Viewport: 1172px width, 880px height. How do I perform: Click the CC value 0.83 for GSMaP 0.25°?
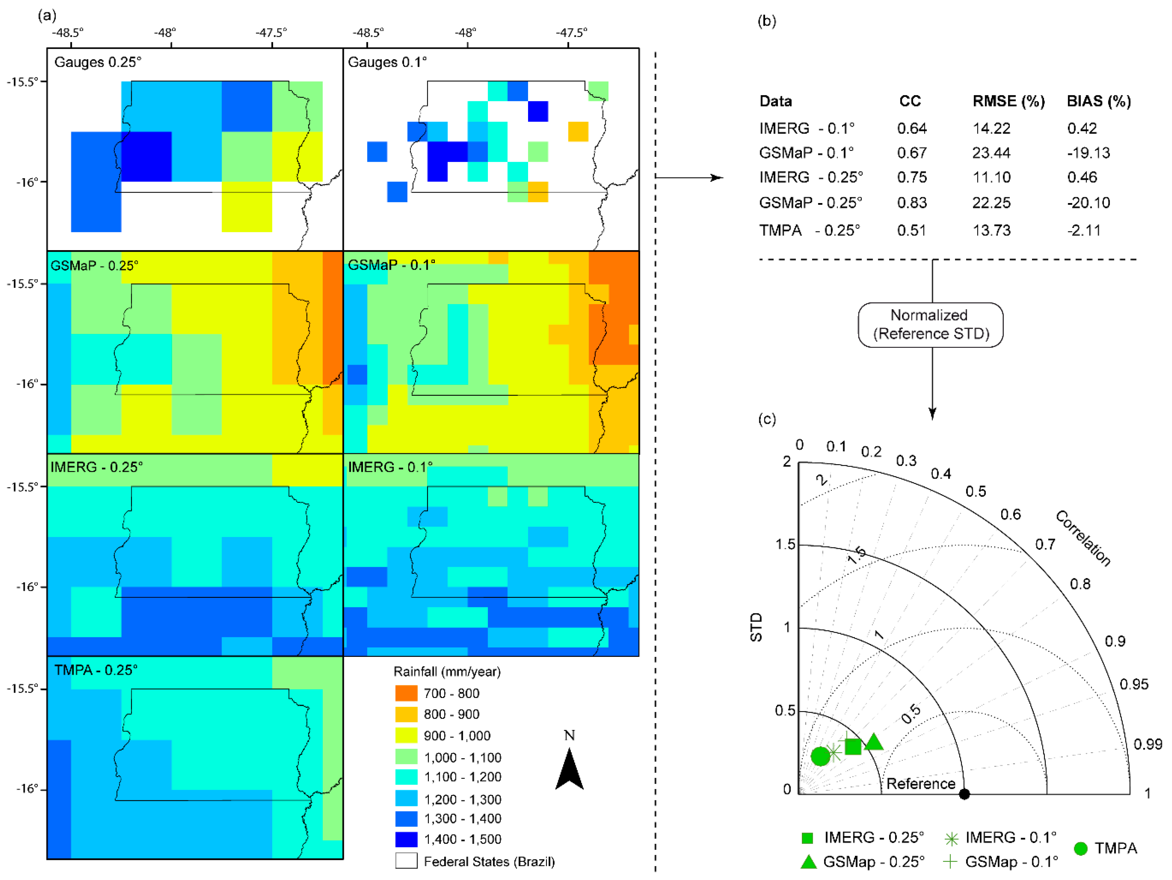tap(911, 203)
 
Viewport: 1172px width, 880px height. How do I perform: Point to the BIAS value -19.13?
tap(1088, 153)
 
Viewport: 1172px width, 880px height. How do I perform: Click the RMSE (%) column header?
tap(1008, 101)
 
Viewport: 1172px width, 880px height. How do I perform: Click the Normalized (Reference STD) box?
tap(930, 325)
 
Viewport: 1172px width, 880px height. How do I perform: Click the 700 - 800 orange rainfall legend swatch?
tap(406, 693)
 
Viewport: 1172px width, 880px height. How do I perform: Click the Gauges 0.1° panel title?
tap(387, 62)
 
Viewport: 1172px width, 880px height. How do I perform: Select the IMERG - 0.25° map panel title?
tap(96, 467)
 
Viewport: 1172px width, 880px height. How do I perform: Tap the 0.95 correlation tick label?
tap(1134, 684)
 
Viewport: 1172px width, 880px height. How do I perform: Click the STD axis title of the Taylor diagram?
tap(756, 627)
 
